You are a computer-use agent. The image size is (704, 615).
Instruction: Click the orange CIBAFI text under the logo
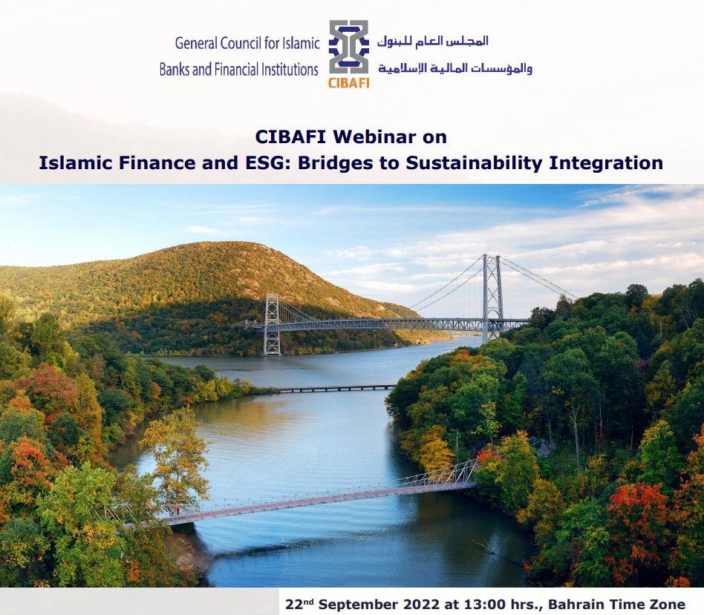coord(349,83)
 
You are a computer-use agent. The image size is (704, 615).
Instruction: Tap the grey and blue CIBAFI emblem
coord(349,47)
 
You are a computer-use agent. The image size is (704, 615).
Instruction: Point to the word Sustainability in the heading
coord(474,163)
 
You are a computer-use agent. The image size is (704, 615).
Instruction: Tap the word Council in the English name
coord(240,43)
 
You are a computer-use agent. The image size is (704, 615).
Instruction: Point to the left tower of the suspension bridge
coord(272,324)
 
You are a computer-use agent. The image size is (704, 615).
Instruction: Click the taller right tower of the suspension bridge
coord(492,298)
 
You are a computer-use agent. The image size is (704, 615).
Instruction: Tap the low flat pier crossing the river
coord(338,388)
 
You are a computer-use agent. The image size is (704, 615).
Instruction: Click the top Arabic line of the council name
coord(432,42)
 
